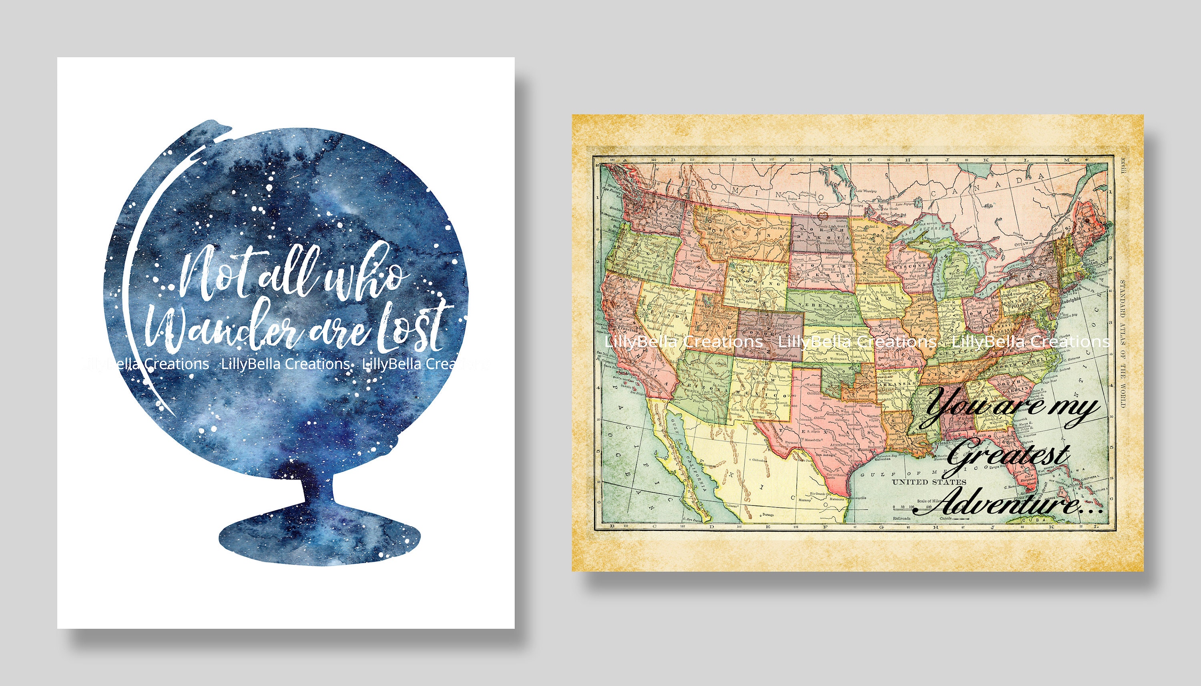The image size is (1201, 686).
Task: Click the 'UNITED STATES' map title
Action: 929,482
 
